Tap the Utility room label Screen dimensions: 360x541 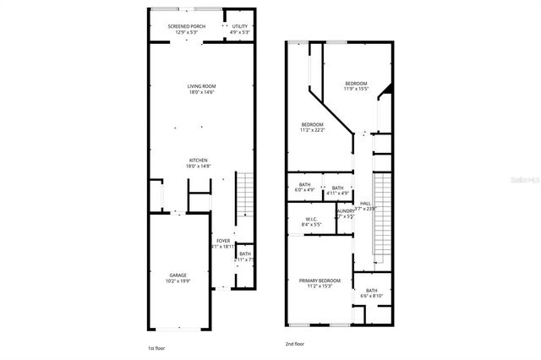240,26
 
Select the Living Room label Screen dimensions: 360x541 202,85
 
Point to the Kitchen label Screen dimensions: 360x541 198,161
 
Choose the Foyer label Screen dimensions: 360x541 223,241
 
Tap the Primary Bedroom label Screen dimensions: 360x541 320,281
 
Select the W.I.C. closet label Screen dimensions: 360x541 311,219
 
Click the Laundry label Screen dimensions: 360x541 346,211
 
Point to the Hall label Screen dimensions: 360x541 365,203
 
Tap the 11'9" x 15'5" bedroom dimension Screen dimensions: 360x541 356,89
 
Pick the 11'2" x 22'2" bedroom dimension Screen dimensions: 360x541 313,130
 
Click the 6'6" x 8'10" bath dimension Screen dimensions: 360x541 372,296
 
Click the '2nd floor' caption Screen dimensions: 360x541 295,344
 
